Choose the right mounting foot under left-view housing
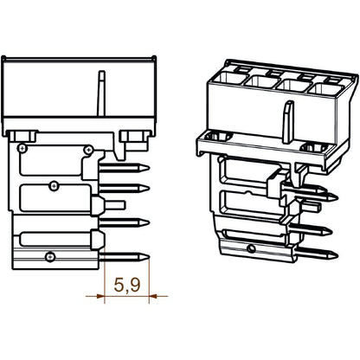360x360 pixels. tap(133, 135)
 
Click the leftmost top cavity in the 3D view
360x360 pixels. tap(228, 82)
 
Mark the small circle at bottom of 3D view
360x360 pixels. tap(250, 250)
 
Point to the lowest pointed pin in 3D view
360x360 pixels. tap(319, 252)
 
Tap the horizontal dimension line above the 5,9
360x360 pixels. tap(121, 294)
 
